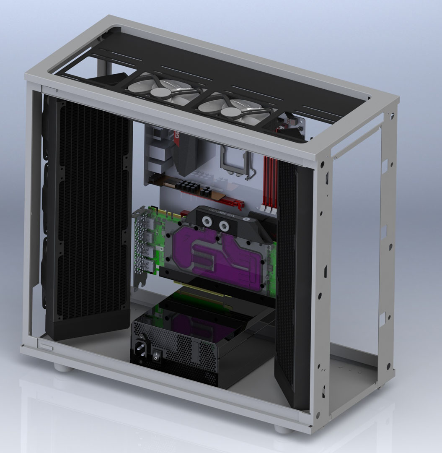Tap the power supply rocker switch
pyautogui.click(x=155, y=356)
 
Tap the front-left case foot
pyautogui.click(x=63, y=368)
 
